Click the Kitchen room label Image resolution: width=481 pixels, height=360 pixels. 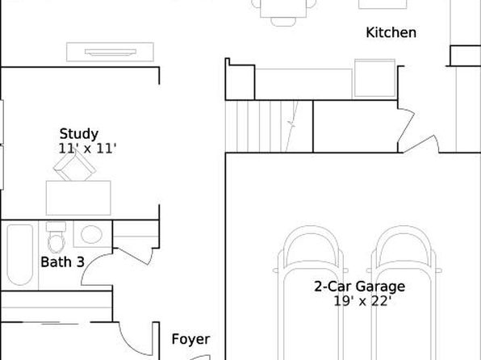391,32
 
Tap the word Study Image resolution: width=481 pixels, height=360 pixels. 79,134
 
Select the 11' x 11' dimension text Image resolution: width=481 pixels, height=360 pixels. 87,149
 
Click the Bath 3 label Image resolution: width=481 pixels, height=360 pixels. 62,262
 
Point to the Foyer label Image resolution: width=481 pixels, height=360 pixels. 190,340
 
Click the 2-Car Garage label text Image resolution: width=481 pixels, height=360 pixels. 359,287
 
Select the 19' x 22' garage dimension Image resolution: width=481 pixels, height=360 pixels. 362,301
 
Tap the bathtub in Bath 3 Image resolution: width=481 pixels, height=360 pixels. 20,255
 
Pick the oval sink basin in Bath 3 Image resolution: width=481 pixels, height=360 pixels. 91,234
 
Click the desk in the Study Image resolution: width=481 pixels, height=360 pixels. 78,198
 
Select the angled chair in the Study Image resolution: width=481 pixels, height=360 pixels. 74,165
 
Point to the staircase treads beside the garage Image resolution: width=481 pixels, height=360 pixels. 269,127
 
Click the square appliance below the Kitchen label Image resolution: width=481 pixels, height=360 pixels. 374,78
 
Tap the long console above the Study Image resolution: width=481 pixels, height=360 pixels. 110,52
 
